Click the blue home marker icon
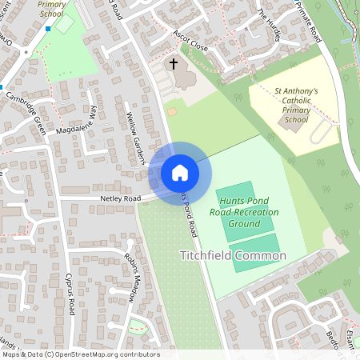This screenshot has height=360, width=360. click(x=180, y=172)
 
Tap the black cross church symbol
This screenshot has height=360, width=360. click(x=173, y=62)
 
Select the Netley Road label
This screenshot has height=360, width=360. click(x=120, y=198)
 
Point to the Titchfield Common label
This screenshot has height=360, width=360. click(x=232, y=256)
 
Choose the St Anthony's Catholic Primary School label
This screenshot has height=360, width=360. click(x=296, y=106)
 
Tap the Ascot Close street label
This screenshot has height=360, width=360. click(x=190, y=41)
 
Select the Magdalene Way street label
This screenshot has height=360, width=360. click(x=76, y=124)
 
